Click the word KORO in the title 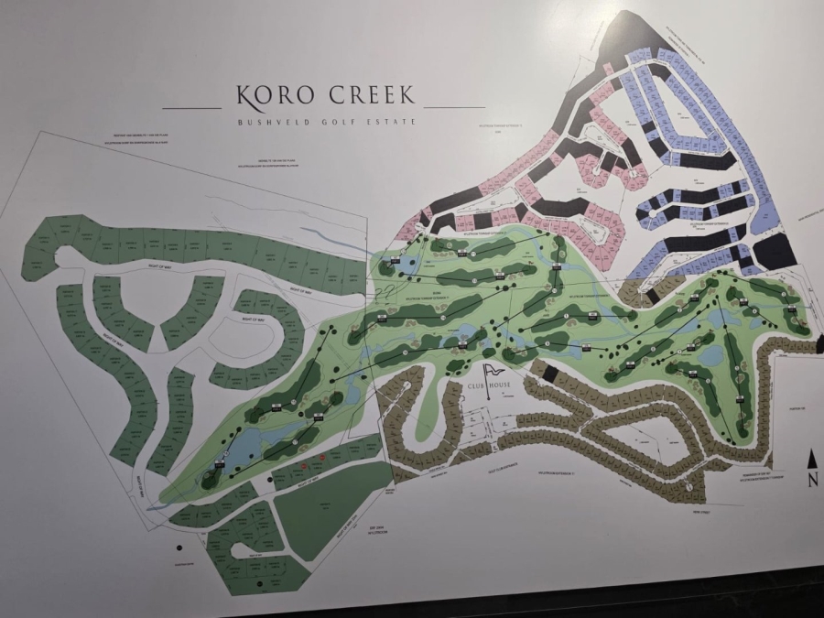tap(269, 95)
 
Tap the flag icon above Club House tap(493, 370)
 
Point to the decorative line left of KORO tap(191, 108)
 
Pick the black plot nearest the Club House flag tap(549, 374)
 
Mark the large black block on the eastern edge tap(775, 251)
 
